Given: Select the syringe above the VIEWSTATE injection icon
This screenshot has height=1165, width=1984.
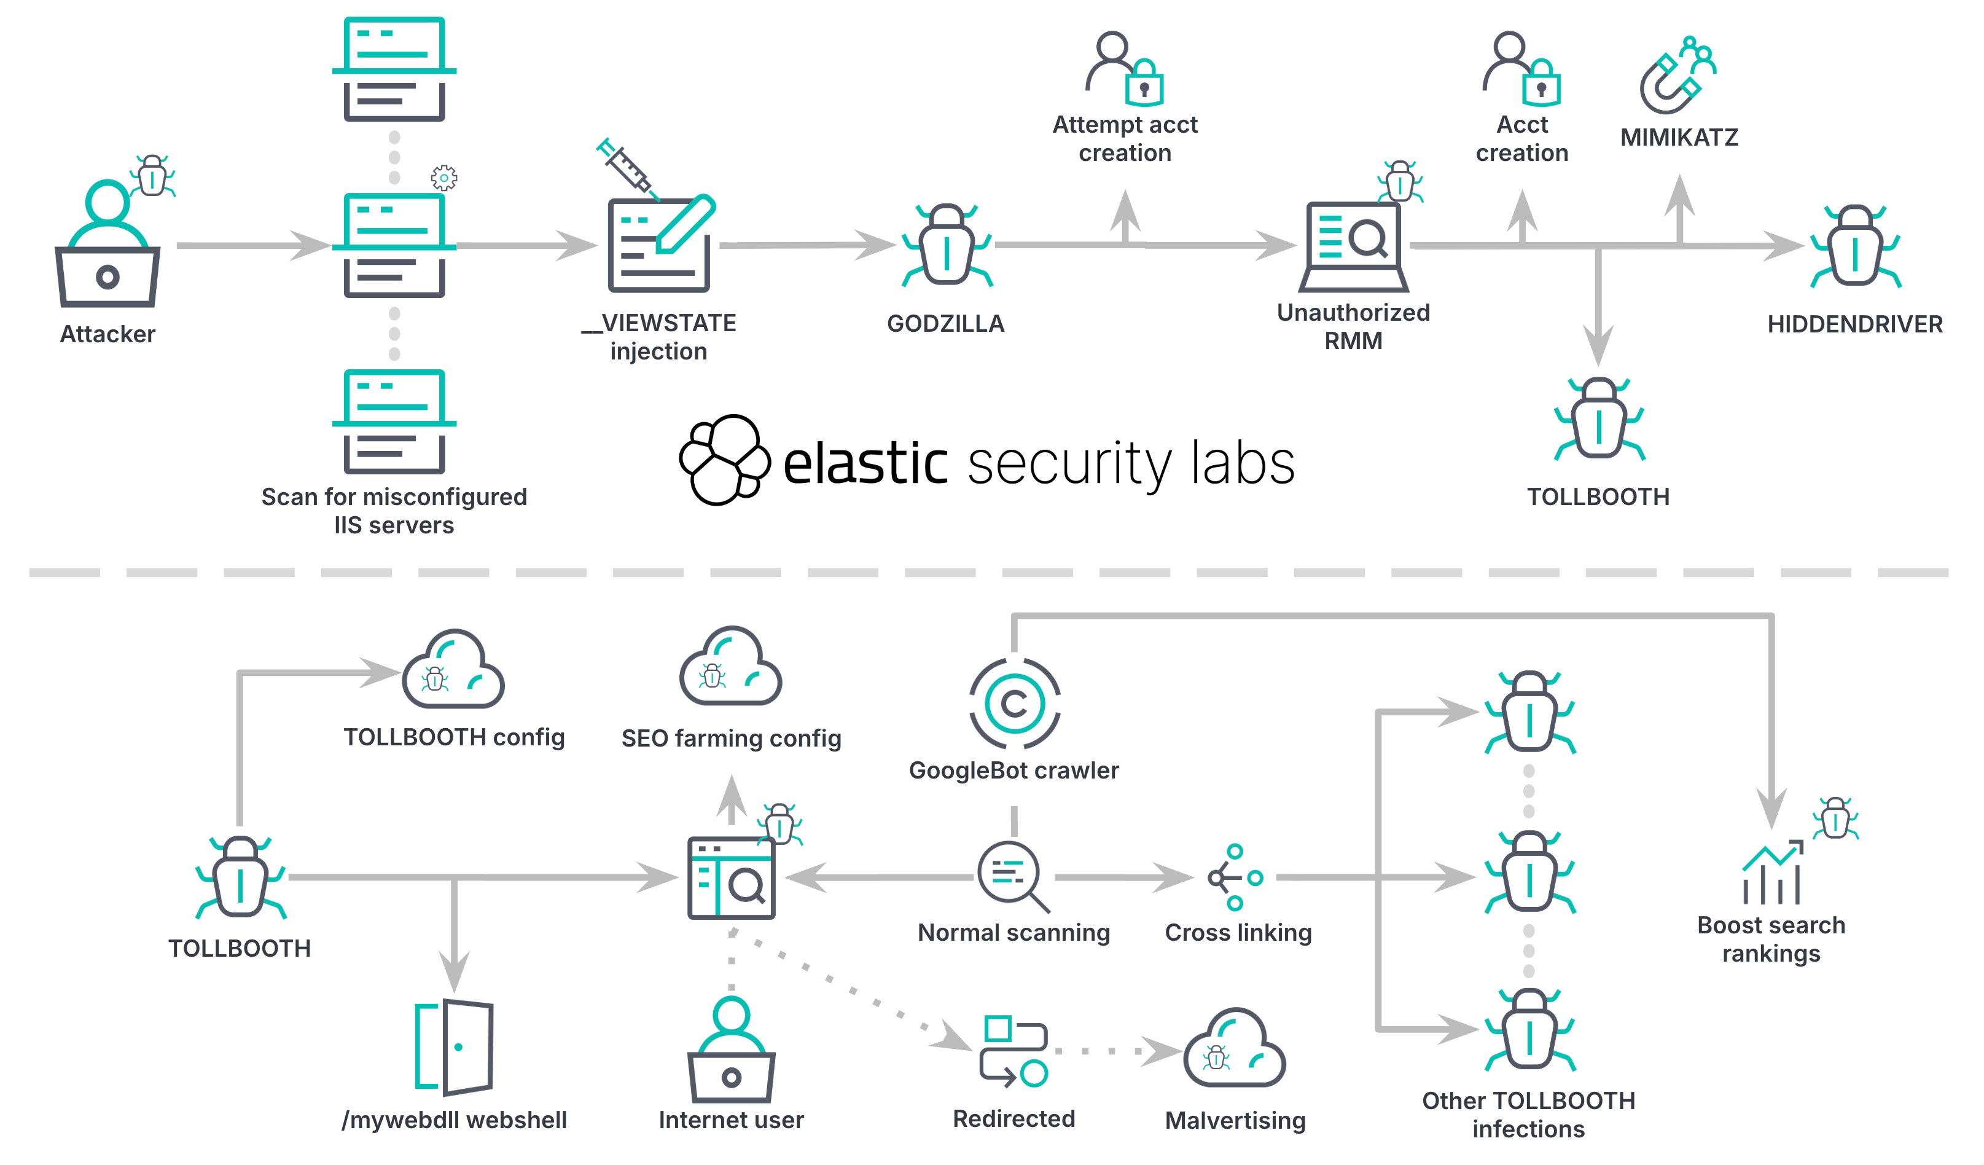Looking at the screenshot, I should pos(627,168).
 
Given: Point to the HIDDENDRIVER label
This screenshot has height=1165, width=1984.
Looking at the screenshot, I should pos(1854,324).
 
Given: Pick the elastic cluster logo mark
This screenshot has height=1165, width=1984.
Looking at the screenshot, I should pos(724,461).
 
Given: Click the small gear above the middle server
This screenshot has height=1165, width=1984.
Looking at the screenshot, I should pos(444,178).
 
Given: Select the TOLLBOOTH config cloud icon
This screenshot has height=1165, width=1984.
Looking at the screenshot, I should pos(453,670).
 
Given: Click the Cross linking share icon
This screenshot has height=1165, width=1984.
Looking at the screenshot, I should pos(1235,877).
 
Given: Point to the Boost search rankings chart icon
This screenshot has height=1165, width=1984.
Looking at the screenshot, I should pos(1771,874).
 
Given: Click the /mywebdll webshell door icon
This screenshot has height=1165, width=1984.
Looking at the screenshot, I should pos(455,1047).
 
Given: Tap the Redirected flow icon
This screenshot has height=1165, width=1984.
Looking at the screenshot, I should pos(1014,1051).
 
